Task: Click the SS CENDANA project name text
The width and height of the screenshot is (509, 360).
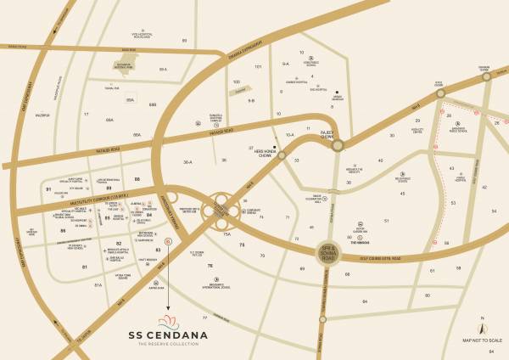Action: (167, 335)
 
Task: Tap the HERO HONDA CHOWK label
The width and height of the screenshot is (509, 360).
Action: (262, 155)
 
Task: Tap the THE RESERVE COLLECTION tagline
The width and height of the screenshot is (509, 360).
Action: (167, 345)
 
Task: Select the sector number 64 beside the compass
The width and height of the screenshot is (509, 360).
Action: (491, 349)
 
